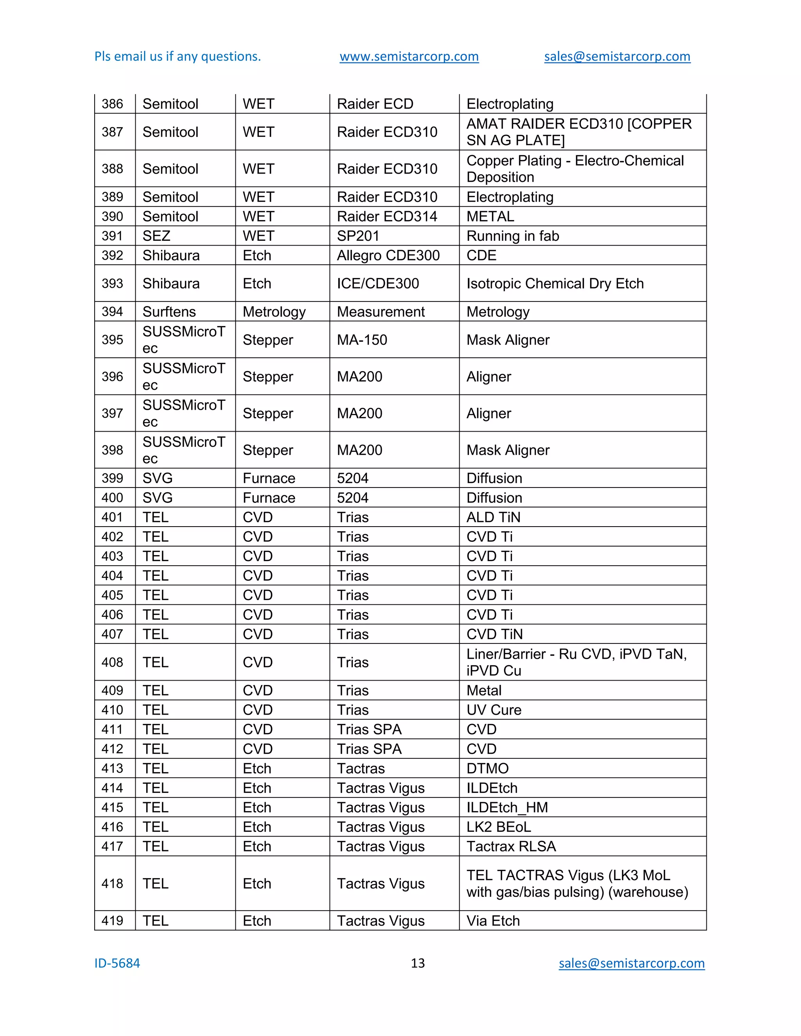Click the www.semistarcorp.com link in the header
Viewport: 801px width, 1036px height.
pos(409,56)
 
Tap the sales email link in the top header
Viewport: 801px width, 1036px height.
pos(617,56)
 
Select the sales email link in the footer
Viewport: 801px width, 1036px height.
pos(631,963)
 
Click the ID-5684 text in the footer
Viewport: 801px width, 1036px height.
pos(117,963)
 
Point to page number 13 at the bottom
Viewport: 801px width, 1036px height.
pos(418,963)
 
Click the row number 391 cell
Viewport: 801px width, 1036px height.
pos(113,236)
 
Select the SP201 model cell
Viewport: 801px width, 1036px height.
pos(358,236)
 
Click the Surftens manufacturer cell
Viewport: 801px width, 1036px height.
pos(169,312)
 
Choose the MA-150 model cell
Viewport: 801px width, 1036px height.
pos(362,340)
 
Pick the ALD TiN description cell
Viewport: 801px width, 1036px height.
pos(493,517)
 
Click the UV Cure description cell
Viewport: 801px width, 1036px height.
pos(494,710)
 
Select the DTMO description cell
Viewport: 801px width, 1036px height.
pos(487,768)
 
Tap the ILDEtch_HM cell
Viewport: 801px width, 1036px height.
pos(507,807)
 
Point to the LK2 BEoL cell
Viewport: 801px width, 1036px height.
pos(498,827)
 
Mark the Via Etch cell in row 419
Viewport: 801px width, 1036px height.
pos(493,921)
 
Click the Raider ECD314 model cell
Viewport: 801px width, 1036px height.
pos(387,216)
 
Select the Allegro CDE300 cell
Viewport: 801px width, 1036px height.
pos(388,255)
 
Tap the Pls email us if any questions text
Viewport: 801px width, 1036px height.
pos(178,56)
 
